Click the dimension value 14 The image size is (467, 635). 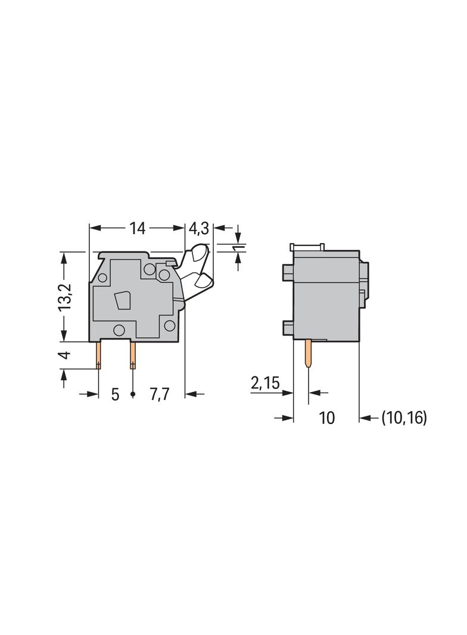(x=138, y=228)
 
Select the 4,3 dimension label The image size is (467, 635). (x=198, y=228)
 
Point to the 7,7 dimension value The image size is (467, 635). (x=160, y=394)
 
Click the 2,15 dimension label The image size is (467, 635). (x=265, y=383)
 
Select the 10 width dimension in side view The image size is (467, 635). (x=326, y=418)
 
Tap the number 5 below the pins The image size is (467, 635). (x=115, y=394)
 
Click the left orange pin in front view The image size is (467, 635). (x=98, y=355)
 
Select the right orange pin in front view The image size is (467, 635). (x=132, y=355)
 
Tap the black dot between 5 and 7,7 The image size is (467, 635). (x=133, y=394)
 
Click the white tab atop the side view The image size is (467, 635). (x=306, y=247)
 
